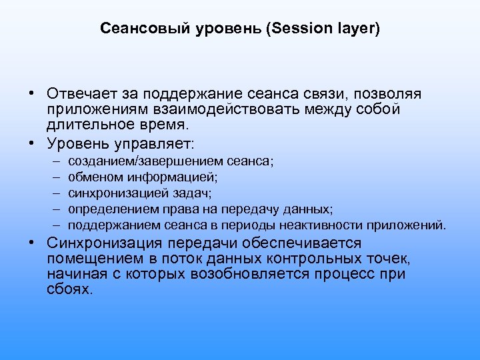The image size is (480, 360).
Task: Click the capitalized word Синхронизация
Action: (106, 244)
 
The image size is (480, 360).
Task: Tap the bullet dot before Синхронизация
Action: (31, 244)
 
